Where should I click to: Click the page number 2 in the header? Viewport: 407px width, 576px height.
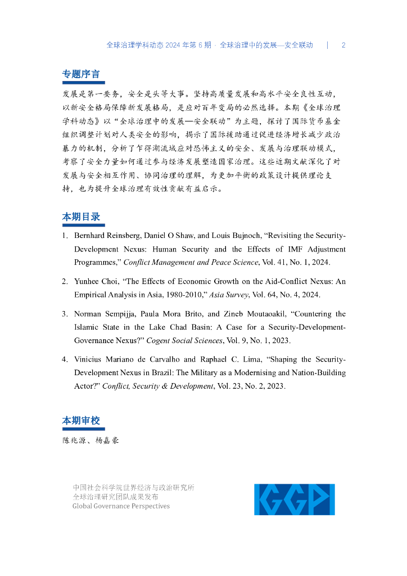point(343,45)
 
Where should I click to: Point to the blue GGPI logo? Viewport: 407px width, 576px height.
point(294,499)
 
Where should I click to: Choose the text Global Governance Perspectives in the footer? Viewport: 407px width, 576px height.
point(121,506)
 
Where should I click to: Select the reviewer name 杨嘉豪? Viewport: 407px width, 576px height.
point(107,440)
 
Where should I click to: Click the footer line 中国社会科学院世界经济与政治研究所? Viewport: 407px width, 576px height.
point(134,488)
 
